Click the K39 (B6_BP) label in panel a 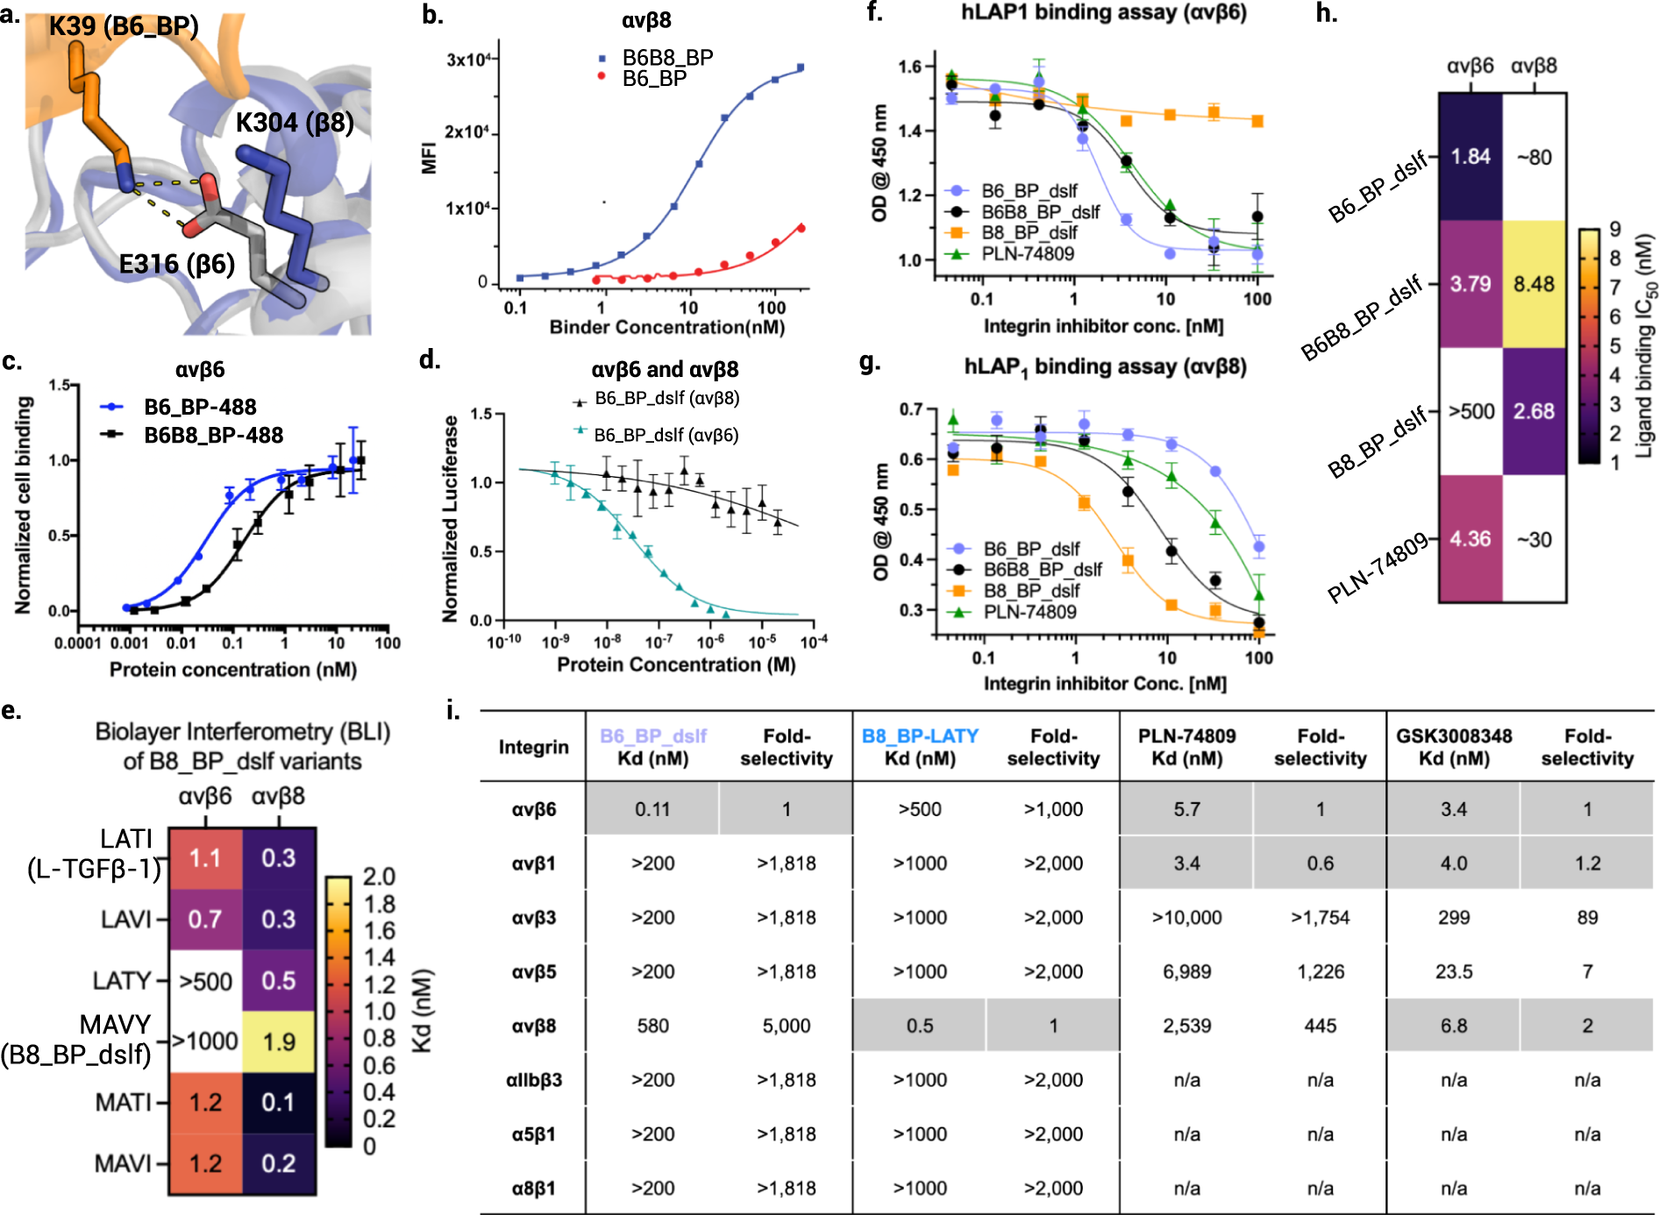tap(124, 25)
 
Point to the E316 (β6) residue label tap(176, 263)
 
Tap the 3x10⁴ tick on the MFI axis tap(467, 60)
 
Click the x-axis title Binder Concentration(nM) tap(666, 327)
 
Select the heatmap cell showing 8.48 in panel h tap(1534, 284)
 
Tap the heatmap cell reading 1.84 tap(1470, 157)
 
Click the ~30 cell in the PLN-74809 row tap(1534, 539)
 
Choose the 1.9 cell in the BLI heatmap tap(279, 1041)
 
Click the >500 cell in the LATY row tap(206, 981)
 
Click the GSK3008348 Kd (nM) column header tap(1454, 747)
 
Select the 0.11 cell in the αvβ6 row tap(652, 809)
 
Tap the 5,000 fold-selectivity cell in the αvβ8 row tap(786, 1026)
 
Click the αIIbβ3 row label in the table tap(533, 1080)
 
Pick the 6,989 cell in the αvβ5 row tap(1186, 971)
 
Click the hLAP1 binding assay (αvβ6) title tap(1103, 13)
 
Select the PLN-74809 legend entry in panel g tap(1029, 612)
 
